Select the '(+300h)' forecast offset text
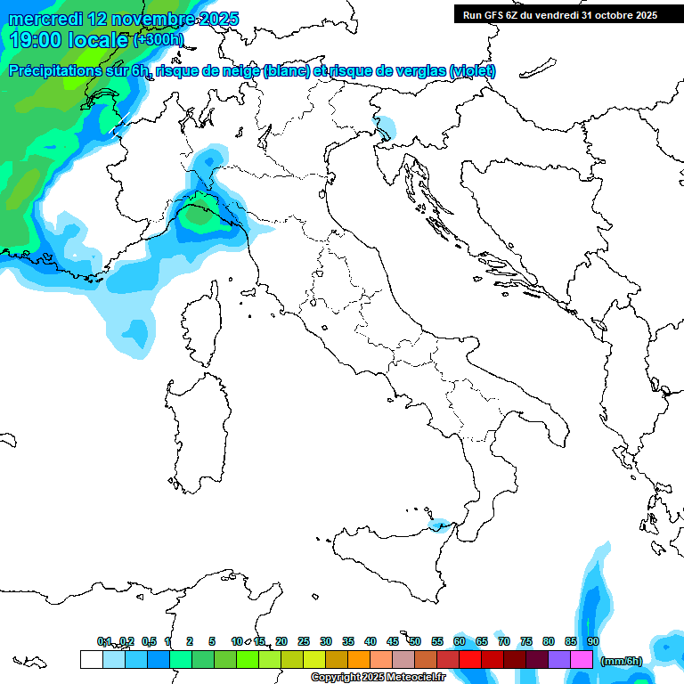[159, 39]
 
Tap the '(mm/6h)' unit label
[622, 661]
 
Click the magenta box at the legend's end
[582, 659]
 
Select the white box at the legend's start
[91, 659]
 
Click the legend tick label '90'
[593, 641]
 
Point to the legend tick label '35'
[348, 641]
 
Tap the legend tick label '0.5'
[149, 641]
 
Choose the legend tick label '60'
[460, 641]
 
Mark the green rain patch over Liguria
[199, 216]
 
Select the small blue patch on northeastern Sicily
[440, 526]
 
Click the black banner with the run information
[559, 15]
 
